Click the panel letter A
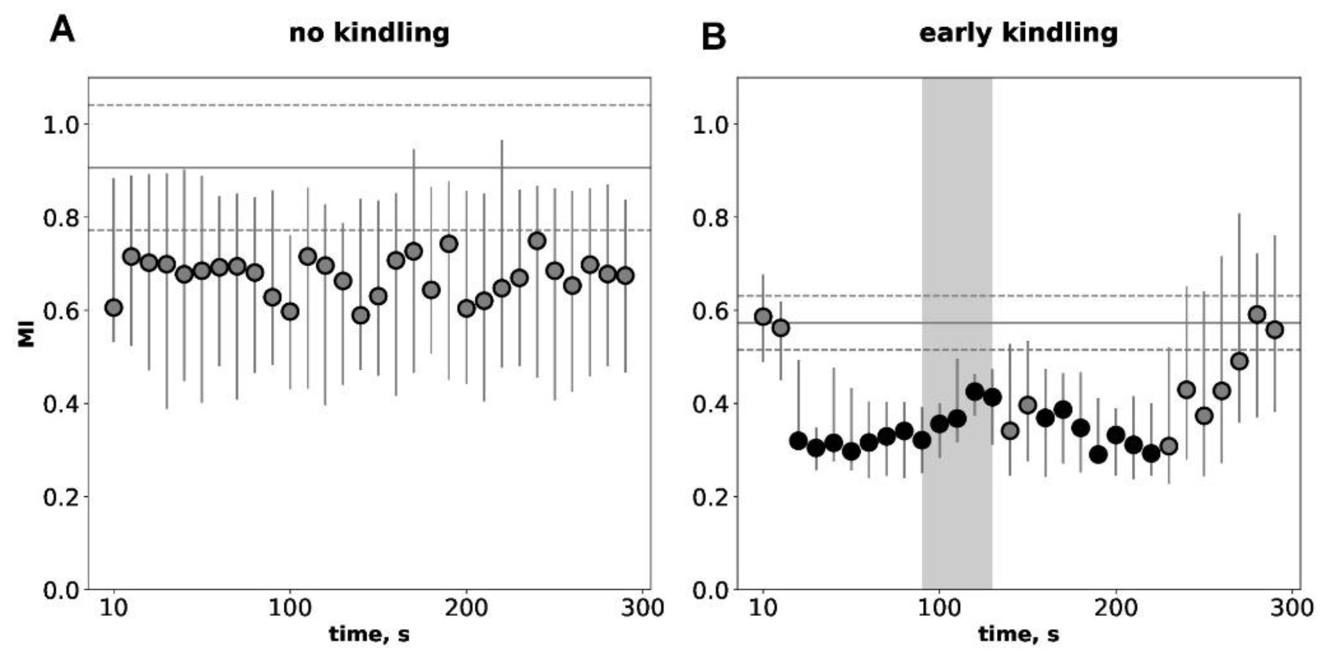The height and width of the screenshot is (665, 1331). click(x=63, y=29)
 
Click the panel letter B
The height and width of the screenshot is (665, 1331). click(x=713, y=37)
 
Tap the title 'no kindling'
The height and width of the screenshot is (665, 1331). click(x=369, y=33)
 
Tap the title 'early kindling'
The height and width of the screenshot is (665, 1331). click(x=1018, y=33)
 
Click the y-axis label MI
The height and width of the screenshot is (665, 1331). click(x=26, y=333)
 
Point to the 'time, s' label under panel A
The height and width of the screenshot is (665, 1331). click(x=369, y=634)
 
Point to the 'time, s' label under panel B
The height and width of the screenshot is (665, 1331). click(x=1018, y=634)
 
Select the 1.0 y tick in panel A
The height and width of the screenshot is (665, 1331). click(x=59, y=125)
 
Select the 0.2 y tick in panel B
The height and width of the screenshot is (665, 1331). click(x=709, y=497)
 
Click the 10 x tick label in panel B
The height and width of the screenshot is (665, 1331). click(x=763, y=608)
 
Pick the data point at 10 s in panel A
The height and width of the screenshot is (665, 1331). click(x=114, y=308)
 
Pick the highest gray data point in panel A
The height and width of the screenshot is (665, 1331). click(x=537, y=241)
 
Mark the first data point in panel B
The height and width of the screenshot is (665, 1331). click(x=763, y=317)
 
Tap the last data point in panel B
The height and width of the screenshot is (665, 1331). click(x=1274, y=329)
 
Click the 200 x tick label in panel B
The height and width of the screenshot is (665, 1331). click(x=1116, y=608)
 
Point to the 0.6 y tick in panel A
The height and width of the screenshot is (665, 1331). click(x=59, y=311)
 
